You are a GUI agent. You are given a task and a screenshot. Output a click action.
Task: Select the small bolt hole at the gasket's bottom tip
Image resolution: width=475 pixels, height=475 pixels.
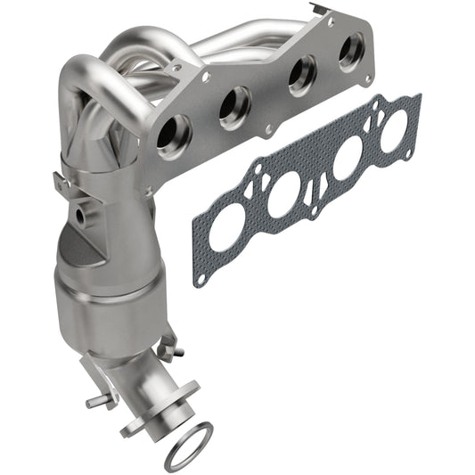coord(201,279)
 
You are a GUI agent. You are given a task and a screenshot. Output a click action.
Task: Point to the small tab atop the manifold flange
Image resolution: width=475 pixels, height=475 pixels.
coord(332,16)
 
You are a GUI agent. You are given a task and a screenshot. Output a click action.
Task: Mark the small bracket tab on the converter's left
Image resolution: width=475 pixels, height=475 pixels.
coord(61,182)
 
